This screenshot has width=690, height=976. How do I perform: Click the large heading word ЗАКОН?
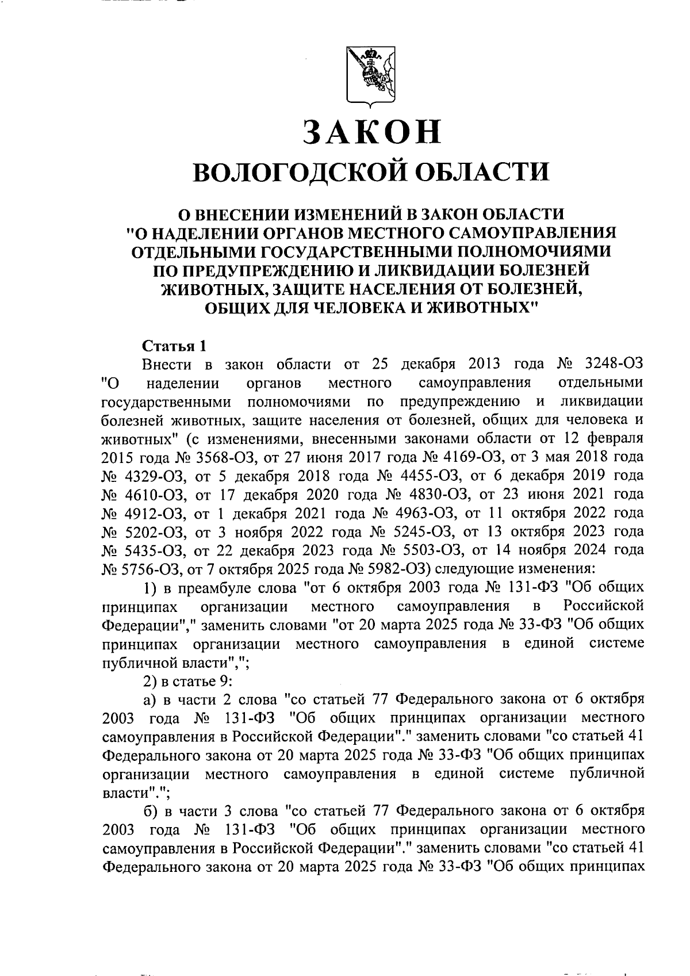[372, 133]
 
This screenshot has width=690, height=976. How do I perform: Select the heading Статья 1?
[174, 347]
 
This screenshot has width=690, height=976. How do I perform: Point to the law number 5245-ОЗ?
[415, 531]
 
